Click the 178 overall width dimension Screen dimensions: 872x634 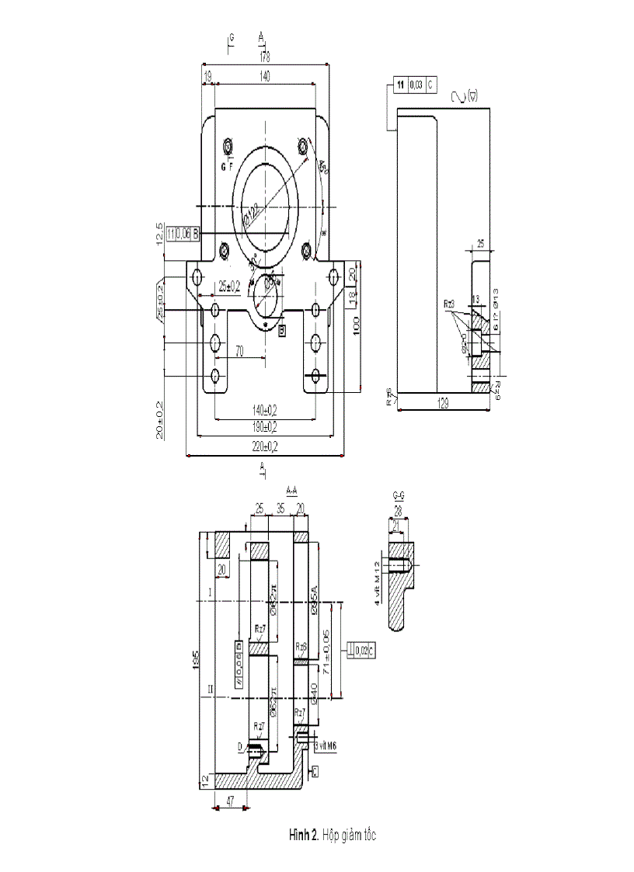(265, 56)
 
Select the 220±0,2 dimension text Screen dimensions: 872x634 (264, 446)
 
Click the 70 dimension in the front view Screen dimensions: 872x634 (240, 351)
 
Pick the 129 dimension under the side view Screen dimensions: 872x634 (443, 404)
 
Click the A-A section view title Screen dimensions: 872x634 (293, 490)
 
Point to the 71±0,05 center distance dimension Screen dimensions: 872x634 (335, 650)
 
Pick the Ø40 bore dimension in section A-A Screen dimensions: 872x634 (314, 691)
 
